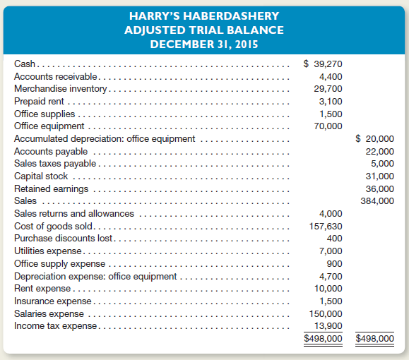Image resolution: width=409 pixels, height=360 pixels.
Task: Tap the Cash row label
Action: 25,64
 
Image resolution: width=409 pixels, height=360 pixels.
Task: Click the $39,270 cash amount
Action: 323,64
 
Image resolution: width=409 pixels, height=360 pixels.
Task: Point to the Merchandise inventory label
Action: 60,89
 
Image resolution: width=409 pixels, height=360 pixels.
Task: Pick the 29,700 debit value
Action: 328,89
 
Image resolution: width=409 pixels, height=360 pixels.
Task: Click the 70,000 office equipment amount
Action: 328,126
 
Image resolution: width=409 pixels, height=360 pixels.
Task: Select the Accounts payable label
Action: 51,151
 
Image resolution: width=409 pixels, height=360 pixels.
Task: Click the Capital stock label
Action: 42,176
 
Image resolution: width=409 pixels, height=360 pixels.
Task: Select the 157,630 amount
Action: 326,226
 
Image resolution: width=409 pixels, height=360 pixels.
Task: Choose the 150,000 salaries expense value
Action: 326,313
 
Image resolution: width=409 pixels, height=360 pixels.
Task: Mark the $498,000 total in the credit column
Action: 374,338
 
